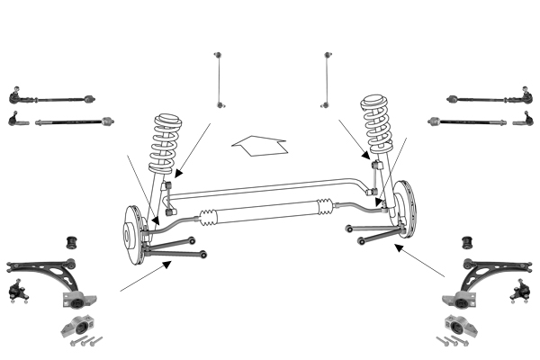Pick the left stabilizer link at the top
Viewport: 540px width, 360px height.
[x=218, y=81]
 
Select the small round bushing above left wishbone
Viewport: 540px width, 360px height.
[x=76, y=241]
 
